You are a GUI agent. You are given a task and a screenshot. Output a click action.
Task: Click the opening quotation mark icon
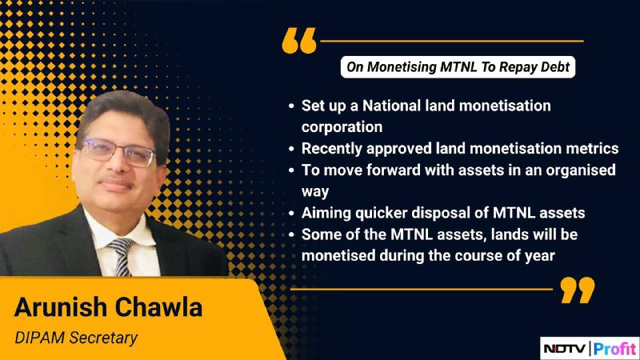tap(299, 41)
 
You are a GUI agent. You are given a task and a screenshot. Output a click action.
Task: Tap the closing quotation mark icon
tap(577, 290)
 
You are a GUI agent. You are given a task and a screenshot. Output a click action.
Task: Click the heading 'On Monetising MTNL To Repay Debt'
tap(458, 67)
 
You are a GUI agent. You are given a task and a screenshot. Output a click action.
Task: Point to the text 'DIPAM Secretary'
tap(76, 338)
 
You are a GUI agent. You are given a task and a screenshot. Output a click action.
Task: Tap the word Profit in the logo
tap(614, 349)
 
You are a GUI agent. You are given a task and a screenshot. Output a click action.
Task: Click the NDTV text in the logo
tap(566, 349)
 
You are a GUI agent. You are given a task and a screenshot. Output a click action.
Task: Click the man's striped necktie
tap(122, 256)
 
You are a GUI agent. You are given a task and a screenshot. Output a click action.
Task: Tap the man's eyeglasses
tap(119, 152)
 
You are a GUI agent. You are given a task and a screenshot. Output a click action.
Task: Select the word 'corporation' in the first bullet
tap(342, 127)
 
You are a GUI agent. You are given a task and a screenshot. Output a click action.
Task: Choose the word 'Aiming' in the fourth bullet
tap(326, 213)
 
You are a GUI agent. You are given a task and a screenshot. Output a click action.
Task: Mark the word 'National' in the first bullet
tap(391, 106)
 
